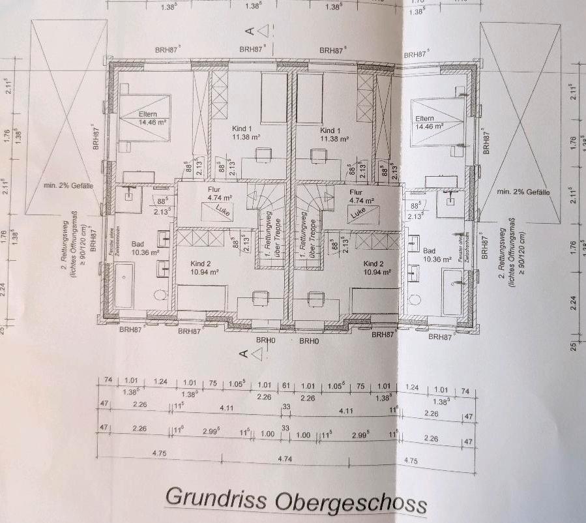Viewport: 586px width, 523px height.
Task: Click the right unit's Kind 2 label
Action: pyautogui.click(x=375, y=263)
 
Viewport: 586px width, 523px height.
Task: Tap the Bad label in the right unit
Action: pyautogui.click(x=429, y=250)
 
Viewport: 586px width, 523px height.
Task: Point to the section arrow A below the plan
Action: pyautogui.click(x=253, y=353)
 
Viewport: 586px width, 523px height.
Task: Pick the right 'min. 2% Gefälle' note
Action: pyautogui.click(x=523, y=192)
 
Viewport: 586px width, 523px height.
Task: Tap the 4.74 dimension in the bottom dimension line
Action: pyautogui.click(x=285, y=459)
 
